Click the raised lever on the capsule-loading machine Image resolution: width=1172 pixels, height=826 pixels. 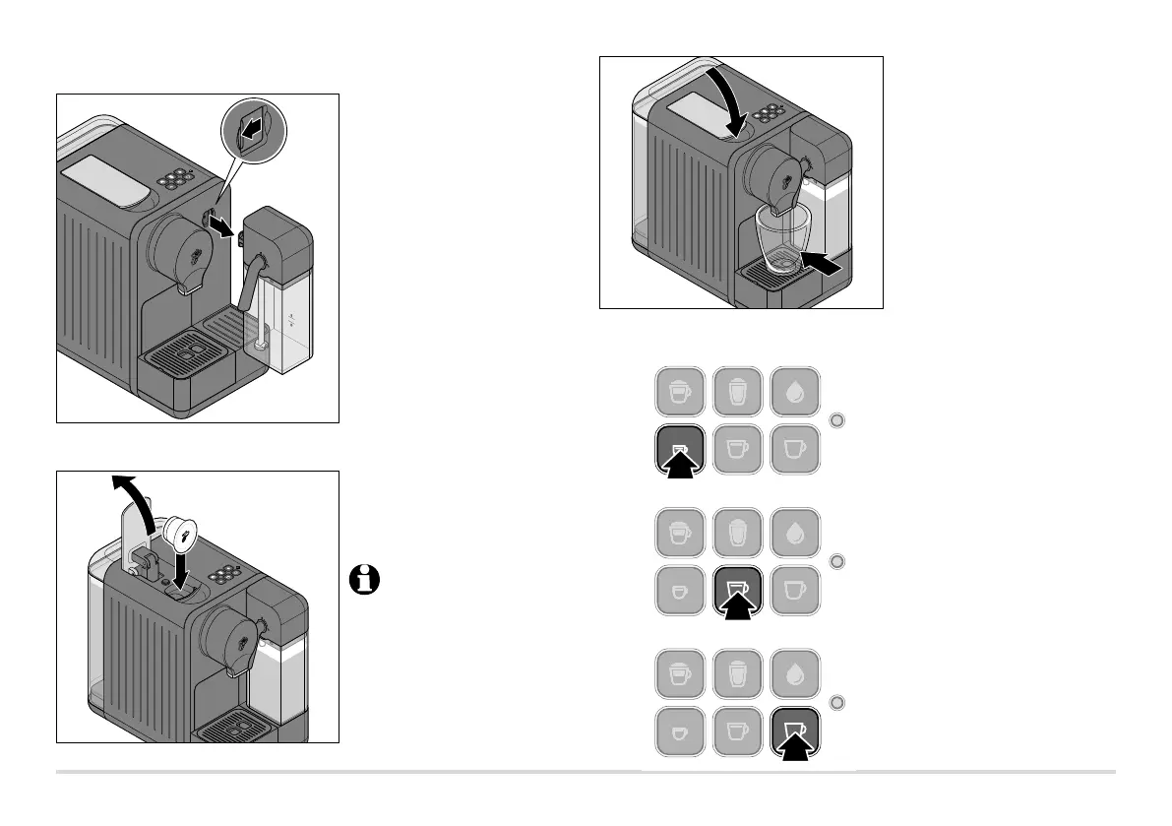(x=134, y=538)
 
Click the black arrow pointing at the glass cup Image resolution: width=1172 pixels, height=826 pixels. (x=821, y=263)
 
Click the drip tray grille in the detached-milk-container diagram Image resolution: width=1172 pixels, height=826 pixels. (x=179, y=354)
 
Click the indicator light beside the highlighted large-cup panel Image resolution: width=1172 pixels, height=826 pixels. (x=838, y=704)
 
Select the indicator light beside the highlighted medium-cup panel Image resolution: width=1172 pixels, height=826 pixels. (x=838, y=562)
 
